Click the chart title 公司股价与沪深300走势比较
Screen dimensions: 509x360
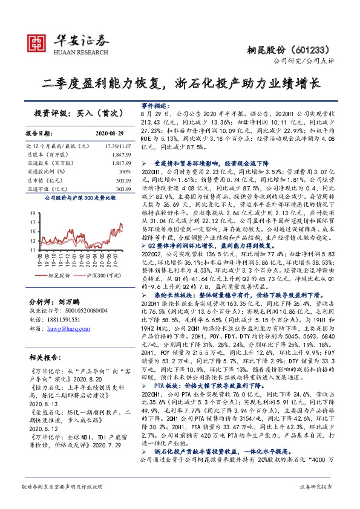pyautogui.click(x=71, y=198)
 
